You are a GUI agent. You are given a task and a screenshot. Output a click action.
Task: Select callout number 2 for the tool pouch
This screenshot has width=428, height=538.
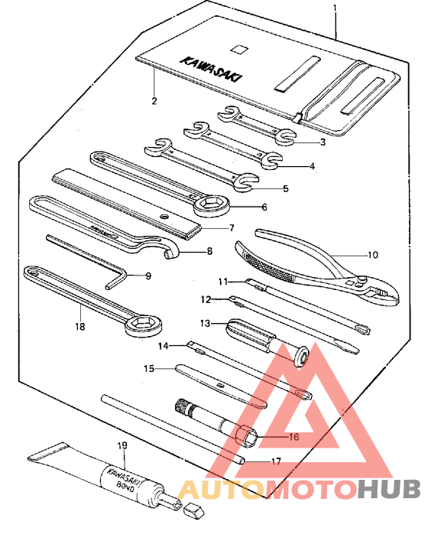click(x=154, y=101)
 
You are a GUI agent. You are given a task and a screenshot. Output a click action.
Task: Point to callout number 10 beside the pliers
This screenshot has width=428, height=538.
click(x=373, y=255)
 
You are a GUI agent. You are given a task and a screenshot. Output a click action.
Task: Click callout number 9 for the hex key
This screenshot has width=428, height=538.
click(x=148, y=276)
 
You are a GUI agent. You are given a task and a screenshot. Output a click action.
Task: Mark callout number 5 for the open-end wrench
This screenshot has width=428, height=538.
click(x=285, y=187)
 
